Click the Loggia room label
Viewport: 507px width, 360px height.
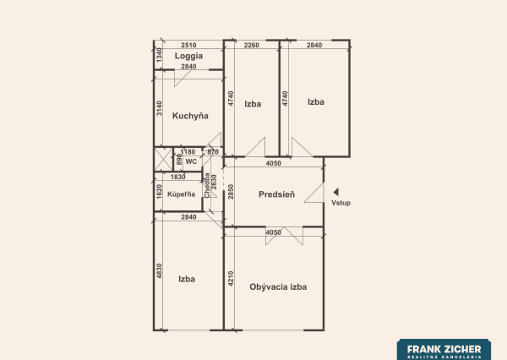coord(188,56)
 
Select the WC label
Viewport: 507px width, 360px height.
coord(191,161)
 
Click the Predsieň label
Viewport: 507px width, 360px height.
coord(276,194)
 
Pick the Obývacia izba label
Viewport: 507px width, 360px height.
coord(278,286)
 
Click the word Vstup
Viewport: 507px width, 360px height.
coord(341,204)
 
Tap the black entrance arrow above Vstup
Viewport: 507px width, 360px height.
coord(335,192)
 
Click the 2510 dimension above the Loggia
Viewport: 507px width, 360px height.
coord(188,46)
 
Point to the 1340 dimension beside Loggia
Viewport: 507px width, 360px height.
coord(157,56)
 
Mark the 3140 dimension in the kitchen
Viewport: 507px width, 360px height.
coord(158,108)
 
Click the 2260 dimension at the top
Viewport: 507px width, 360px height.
coord(251,46)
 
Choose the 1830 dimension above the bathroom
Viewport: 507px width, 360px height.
coord(177,177)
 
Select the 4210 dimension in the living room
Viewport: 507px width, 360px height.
coord(229,278)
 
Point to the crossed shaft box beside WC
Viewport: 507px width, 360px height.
coord(162,159)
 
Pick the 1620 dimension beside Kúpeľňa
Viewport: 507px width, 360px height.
coord(158,192)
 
